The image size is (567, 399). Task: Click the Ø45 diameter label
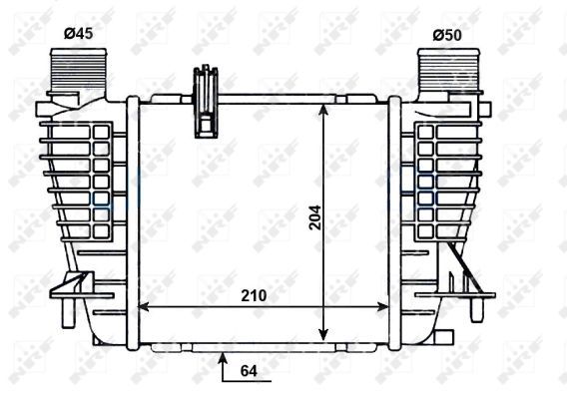(78, 35)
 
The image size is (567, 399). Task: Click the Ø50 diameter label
(447, 35)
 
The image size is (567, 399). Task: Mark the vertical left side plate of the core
(131, 219)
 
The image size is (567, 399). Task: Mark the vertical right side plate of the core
(395, 219)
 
